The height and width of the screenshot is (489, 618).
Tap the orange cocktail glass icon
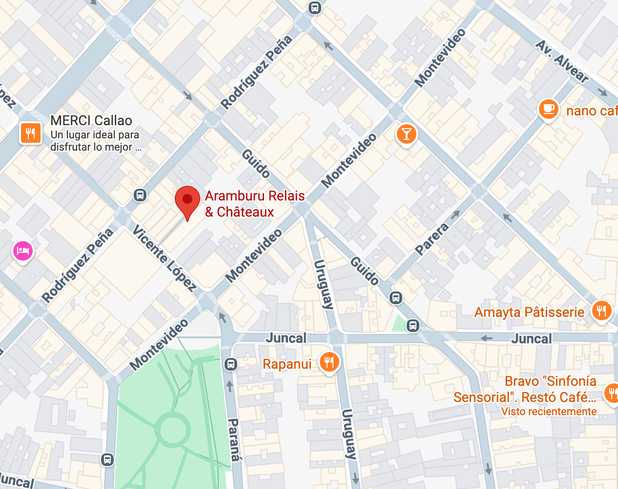point(406,133)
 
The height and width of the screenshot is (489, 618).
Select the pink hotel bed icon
point(23,251)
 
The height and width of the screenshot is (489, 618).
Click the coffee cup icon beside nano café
point(548,109)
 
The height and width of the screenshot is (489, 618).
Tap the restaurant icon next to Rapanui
point(330,362)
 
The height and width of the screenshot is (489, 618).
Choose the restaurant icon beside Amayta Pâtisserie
point(601,311)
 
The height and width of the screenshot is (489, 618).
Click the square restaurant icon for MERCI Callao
point(30,133)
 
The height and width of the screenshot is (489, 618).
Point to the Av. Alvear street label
point(562,61)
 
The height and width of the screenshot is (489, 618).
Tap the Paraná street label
point(235,440)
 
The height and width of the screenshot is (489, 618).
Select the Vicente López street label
point(164,258)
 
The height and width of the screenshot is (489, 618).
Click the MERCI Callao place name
point(91,120)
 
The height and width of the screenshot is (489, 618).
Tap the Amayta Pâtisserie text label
point(529,312)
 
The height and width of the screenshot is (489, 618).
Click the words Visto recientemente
point(549,412)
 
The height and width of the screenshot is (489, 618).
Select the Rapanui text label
point(287,364)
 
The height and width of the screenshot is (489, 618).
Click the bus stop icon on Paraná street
point(231,364)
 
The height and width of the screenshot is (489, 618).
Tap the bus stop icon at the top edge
point(315,8)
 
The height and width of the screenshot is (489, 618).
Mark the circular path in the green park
point(172,430)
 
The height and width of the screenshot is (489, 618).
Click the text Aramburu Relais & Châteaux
point(254,204)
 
